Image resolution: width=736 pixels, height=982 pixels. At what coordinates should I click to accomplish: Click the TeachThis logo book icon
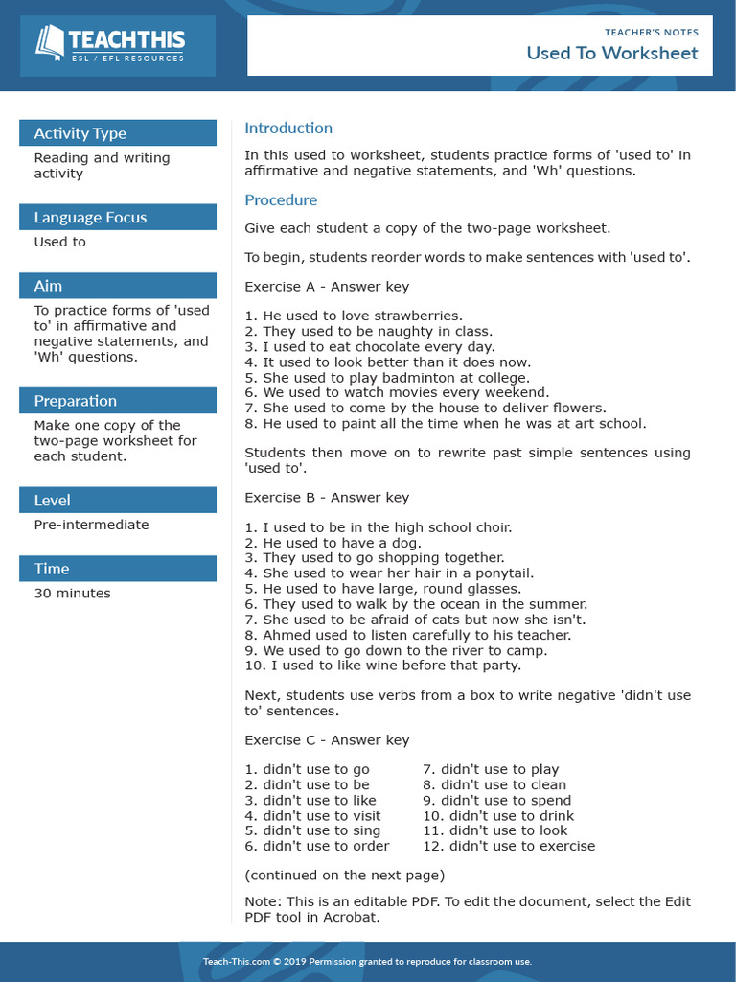point(50,42)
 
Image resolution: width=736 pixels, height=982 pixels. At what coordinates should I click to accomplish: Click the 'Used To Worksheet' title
point(611,53)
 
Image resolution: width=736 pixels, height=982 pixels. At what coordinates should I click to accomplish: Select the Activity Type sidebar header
point(80,133)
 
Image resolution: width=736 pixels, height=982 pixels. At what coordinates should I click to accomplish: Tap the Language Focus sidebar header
point(90,218)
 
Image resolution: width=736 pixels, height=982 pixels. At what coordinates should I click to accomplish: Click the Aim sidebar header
point(47,286)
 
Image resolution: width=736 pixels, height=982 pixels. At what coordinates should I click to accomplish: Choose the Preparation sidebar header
point(75,401)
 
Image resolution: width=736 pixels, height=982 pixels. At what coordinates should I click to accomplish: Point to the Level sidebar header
point(52,500)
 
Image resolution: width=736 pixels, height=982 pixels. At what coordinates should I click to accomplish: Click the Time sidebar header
point(52,569)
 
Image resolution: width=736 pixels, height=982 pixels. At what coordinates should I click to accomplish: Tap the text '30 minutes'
point(72,594)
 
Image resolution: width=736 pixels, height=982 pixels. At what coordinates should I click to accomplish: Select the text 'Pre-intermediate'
point(91,525)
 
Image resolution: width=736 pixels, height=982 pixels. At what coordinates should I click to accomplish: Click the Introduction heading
point(288,128)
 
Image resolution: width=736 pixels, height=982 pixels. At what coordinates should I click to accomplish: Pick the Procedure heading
point(281,200)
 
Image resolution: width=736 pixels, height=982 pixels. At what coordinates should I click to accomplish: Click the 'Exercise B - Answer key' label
point(327,498)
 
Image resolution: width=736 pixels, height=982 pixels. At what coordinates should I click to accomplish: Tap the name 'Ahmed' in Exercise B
point(287,635)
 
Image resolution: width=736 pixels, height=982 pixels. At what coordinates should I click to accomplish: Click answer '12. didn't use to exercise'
point(509,846)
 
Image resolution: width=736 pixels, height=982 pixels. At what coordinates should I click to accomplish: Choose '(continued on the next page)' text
point(344,875)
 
